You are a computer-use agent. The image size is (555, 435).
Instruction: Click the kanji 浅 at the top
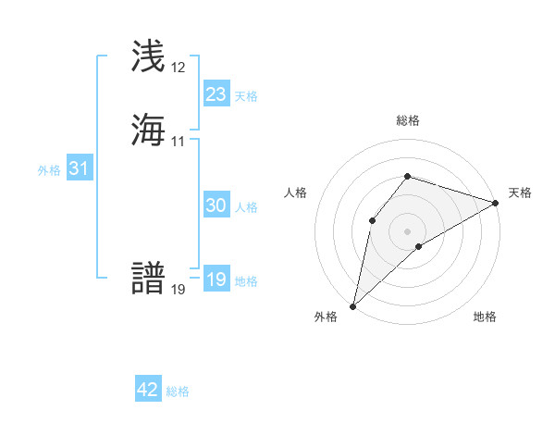point(148,56)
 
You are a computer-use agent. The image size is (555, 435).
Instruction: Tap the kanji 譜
point(148,278)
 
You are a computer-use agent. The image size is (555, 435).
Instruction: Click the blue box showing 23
point(216,94)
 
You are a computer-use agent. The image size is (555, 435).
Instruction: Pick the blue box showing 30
point(216,205)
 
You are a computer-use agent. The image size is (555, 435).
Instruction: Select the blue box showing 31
point(79,169)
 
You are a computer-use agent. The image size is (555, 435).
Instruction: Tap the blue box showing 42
point(148,390)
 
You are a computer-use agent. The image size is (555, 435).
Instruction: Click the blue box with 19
point(216,280)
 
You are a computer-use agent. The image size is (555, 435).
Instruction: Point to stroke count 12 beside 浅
point(179,68)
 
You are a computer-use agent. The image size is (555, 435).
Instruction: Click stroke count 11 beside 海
point(179,142)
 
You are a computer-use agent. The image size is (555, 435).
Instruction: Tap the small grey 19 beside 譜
point(179,290)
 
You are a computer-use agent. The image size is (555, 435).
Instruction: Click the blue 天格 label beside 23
point(246,96)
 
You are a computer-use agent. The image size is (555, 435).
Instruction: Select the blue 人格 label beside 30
point(246,207)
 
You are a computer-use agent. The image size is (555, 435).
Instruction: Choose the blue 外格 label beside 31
point(49,170)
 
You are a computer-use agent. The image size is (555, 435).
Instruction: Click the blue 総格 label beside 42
point(178,391)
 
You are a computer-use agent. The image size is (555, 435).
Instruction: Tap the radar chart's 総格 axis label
point(408,120)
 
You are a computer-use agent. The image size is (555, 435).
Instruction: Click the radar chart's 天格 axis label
point(520,193)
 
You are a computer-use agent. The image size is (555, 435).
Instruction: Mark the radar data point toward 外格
point(352,305)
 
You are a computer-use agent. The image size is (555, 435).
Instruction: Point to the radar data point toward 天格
point(496,203)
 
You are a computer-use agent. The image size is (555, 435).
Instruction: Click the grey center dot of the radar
point(408,230)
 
